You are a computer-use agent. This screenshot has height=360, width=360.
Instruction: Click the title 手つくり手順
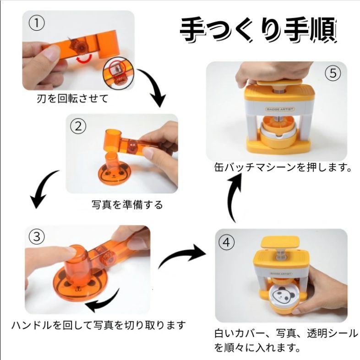[x=259, y=30]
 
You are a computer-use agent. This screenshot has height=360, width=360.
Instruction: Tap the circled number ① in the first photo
[x=37, y=23]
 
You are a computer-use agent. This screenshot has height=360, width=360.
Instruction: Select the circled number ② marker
[x=78, y=126]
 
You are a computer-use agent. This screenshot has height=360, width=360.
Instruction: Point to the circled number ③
[x=37, y=237]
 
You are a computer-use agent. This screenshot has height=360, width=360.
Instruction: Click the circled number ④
[x=226, y=242]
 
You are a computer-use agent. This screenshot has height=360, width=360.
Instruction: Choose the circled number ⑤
[x=333, y=73]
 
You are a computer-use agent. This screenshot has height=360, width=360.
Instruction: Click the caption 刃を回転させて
[x=72, y=99]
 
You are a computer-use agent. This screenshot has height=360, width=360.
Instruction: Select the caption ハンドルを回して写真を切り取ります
[x=98, y=325]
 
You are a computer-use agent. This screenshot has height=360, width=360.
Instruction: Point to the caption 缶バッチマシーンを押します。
[x=283, y=167]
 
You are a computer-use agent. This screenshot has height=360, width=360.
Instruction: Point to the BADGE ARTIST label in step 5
[x=280, y=109]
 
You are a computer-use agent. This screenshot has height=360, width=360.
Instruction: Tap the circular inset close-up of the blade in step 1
[x=118, y=75]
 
